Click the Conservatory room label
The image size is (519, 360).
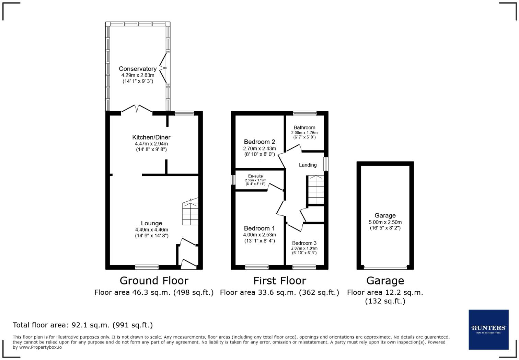[138, 69]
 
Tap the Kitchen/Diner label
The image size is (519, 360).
[151, 137]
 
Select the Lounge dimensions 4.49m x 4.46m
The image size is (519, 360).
[151, 230]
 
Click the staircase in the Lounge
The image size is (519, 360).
[190, 212]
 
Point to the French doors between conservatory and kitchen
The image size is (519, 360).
[137, 109]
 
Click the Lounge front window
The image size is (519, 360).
[147, 267]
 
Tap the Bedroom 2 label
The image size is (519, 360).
[259, 142]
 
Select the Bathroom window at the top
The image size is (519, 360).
[305, 113]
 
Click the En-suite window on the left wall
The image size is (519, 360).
[233, 180]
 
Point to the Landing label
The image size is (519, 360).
[308, 165]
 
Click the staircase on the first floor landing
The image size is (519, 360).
[315, 190]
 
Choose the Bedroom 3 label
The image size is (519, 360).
[304, 243]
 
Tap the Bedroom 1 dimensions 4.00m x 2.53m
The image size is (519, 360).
[259, 235]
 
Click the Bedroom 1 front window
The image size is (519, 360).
[257, 267]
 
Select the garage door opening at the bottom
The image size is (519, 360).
[385, 268]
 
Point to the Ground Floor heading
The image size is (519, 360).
[154, 281]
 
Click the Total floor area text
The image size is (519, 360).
[83, 325]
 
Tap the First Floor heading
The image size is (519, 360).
[279, 281]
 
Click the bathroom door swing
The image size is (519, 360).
[294, 148]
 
